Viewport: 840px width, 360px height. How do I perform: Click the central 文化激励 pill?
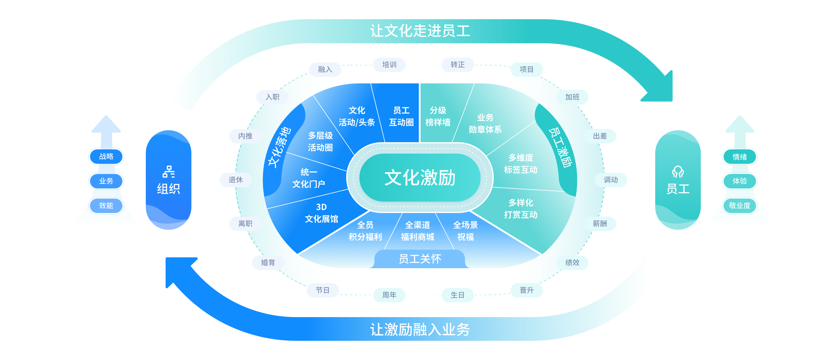tap(420, 178)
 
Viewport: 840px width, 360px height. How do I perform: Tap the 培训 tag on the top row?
tap(389, 64)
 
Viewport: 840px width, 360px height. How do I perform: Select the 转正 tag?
tap(457, 64)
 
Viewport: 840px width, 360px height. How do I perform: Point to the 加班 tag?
tap(572, 97)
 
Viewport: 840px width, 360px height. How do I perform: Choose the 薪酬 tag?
tap(600, 224)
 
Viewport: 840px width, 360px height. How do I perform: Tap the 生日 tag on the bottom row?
tap(457, 295)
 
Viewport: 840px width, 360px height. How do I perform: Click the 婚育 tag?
tap(268, 262)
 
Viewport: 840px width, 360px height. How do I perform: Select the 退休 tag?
tap(235, 180)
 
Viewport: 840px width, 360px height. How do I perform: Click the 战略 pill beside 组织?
tap(106, 157)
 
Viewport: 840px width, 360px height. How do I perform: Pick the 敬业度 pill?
tap(739, 205)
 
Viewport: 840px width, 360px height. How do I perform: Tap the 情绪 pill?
tap(739, 157)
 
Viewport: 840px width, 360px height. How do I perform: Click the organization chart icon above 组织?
tap(169, 172)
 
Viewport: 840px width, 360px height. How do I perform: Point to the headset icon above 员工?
tap(678, 172)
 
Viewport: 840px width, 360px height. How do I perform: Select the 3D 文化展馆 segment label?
tap(321, 213)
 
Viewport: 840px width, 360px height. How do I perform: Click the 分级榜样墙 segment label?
tap(438, 116)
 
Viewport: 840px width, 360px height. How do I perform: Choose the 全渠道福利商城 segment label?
tap(417, 231)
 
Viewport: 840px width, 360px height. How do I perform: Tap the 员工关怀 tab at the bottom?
tap(420, 259)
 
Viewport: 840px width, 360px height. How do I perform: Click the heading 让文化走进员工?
tap(420, 31)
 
